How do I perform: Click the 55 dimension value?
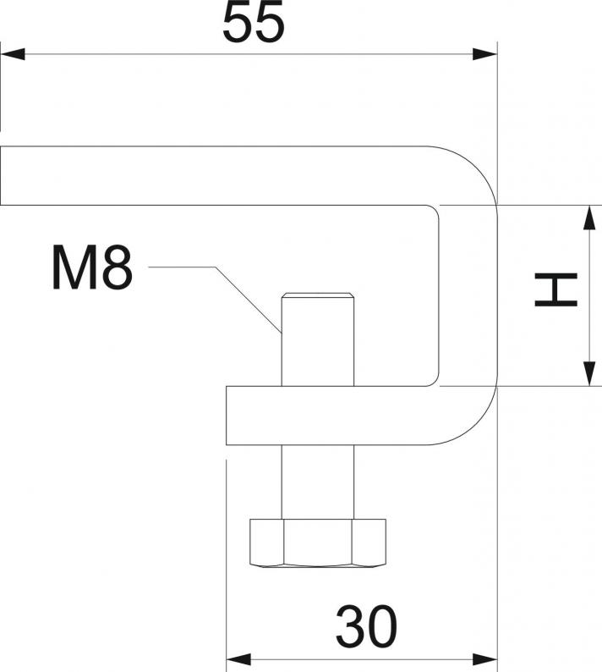pyautogui.click(x=253, y=24)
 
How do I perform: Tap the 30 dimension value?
pyautogui.click(x=367, y=627)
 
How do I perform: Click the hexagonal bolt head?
pyautogui.click(x=318, y=543)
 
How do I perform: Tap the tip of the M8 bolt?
pyautogui.click(x=318, y=296)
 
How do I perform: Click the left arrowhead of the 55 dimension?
pyautogui.click(x=10, y=55)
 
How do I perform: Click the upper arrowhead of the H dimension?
pyautogui.click(x=587, y=215)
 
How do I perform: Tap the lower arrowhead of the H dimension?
pyautogui.click(x=587, y=376)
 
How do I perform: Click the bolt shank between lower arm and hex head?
pyautogui.click(x=318, y=482)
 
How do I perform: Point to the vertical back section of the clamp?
pyautogui.click(x=468, y=296)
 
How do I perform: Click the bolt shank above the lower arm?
pyautogui.click(x=318, y=347)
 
